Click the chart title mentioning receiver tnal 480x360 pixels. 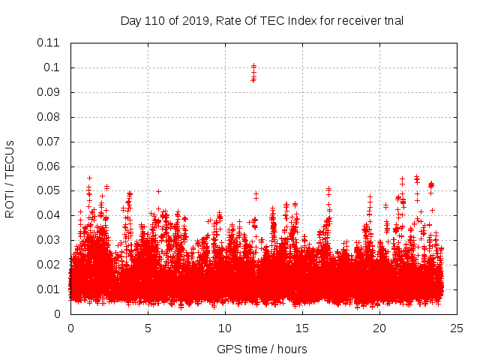tap(262, 21)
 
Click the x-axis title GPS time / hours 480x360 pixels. tap(262, 349)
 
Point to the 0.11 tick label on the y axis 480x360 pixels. tap(49, 43)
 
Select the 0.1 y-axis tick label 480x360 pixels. tap(52, 67)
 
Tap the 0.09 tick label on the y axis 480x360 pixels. tap(49, 92)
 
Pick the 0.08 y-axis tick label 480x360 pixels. tap(49, 117)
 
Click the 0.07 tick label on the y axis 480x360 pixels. tap(49, 142)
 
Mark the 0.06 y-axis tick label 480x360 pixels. tap(49, 166)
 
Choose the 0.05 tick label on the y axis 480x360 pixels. tap(49, 190)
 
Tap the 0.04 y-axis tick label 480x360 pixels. tap(49, 215)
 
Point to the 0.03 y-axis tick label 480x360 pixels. tap(49, 240)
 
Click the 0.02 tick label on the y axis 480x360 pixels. tap(49, 265)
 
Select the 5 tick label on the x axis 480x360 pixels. tap(148, 328)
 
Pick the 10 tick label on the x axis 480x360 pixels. tap(225, 328)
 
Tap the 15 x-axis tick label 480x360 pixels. tap(302, 328)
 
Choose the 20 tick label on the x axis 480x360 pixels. tap(379, 328)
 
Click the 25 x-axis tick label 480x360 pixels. tap(457, 328)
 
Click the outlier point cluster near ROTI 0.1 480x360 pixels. tap(253, 73)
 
